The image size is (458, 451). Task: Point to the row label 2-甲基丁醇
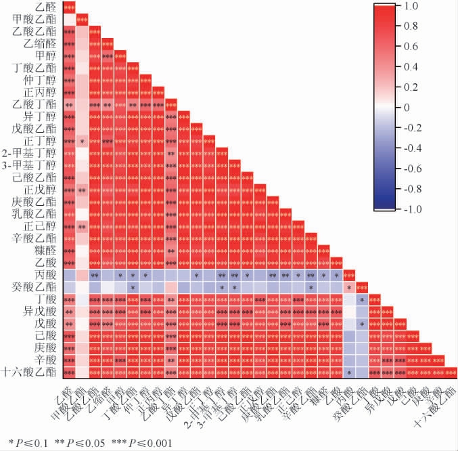point(31,154)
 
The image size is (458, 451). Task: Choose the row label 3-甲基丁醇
point(31,166)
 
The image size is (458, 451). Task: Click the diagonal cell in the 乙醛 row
point(69,7)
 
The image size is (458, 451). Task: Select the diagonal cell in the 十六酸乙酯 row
point(451,372)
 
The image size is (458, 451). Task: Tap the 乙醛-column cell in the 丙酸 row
point(69,276)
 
